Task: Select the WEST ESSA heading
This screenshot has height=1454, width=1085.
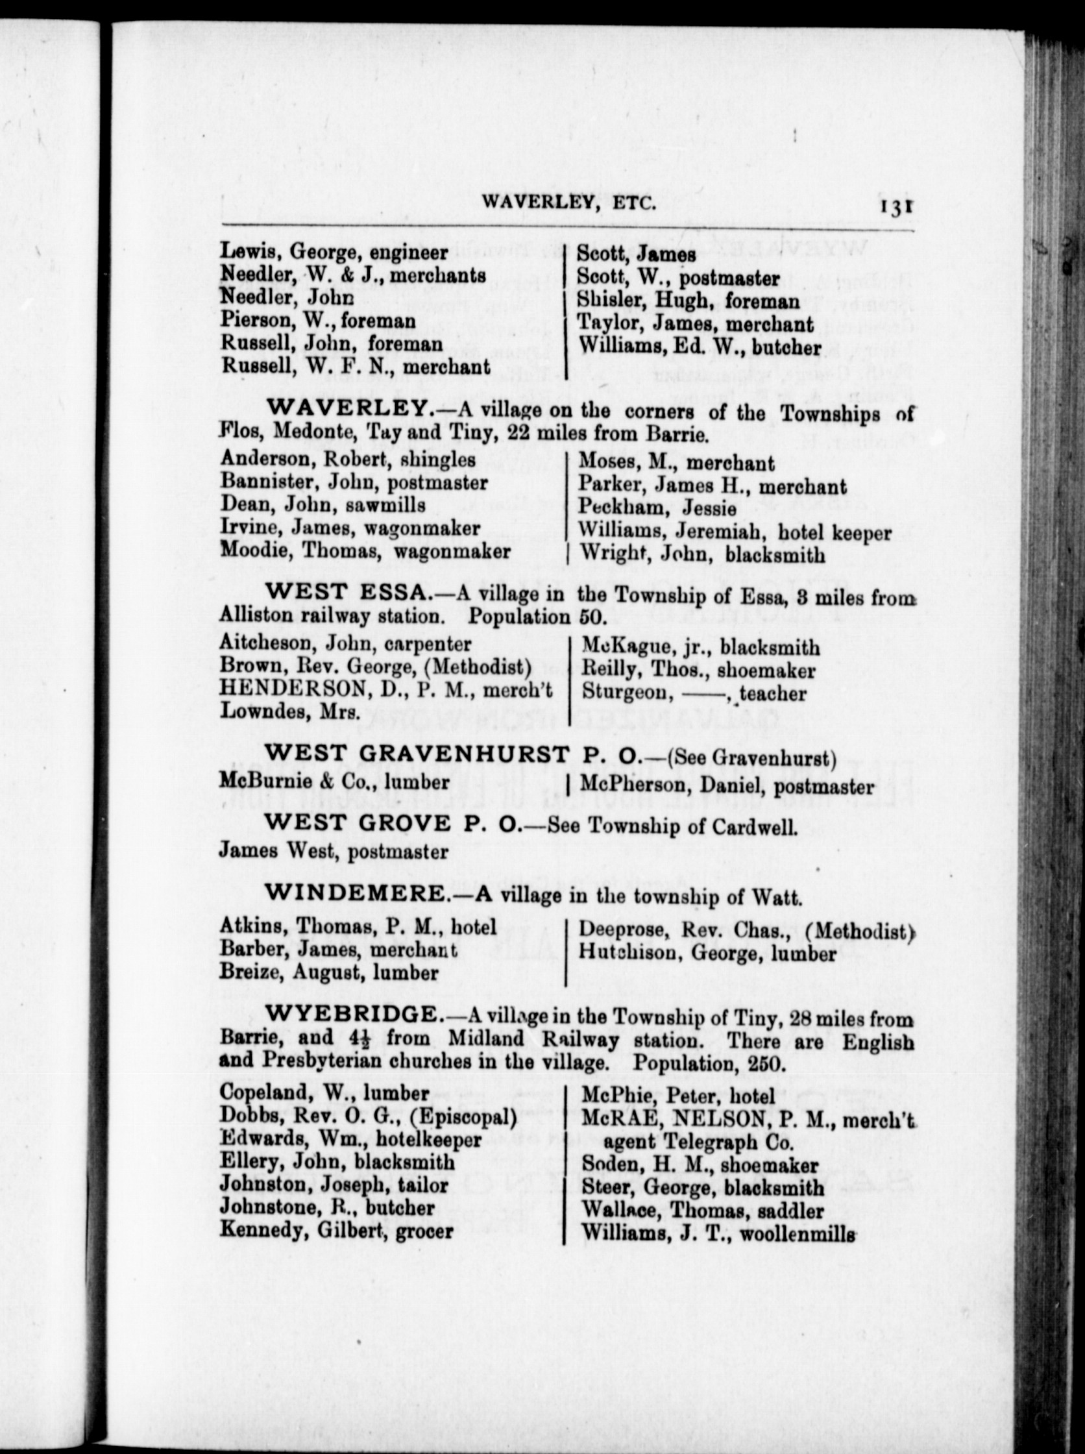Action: [346, 592]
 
